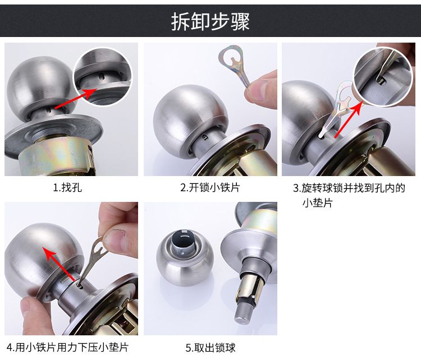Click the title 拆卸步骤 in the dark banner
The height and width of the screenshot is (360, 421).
(210, 21)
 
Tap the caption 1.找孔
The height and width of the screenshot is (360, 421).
(67, 187)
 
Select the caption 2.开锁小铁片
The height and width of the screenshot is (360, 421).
(210, 187)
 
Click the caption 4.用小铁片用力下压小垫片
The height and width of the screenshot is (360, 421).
(67, 347)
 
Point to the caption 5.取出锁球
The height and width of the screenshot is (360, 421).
(210, 348)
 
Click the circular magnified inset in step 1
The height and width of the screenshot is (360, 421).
(103, 76)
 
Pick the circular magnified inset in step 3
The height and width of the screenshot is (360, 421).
(383, 77)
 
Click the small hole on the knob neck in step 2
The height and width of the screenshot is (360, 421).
(205, 137)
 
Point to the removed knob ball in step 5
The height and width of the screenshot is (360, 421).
(185, 257)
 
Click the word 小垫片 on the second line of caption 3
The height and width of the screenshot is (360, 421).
(318, 202)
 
